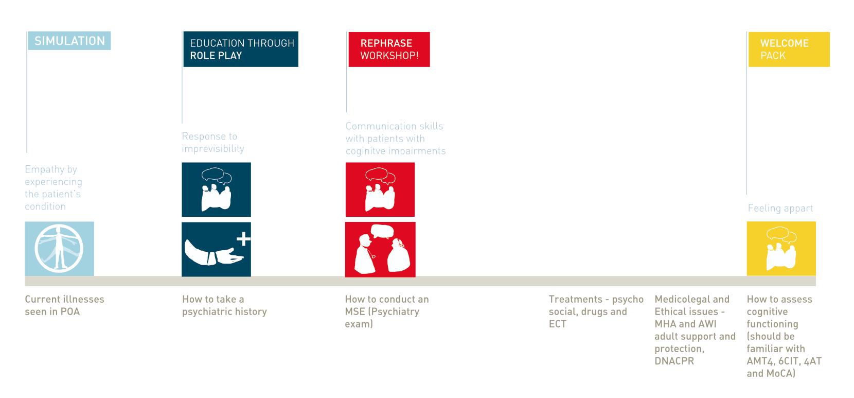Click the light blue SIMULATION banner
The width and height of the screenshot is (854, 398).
pyautogui.click(x=69, y=41)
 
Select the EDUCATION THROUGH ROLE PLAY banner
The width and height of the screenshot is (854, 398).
pyautogui.click(x=241, y=49)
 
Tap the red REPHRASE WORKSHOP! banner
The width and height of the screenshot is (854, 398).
pyautogui.click(x=389, y=49)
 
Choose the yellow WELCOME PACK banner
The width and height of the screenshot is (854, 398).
pyautogui.click(x=789, y=49)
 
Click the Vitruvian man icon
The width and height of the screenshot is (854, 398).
pyautogui.click(x=60, y=249)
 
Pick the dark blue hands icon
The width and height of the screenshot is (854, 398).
pyautogui.click(x=216, y=250)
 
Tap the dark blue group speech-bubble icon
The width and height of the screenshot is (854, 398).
pyautogui.click(x=216, y=189)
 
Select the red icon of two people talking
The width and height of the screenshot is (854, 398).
pyautogui.click(x=380, y=250)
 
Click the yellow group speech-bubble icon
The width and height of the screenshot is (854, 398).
pyautogui.click(x=781, y=248)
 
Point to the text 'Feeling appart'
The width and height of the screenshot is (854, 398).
pyautogui.click(x=780, y=209)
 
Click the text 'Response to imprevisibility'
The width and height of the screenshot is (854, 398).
pyautogui.click(x=213, y=142)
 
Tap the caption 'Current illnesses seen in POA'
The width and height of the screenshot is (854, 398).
pyautogui.click(x=64, y=305)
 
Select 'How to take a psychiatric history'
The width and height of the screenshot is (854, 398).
pyautogui.click(x=224, y=305)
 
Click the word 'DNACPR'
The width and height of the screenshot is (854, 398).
pyautogui.click(x=674, y=361)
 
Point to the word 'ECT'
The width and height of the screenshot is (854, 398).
pyautogui.click(x=558, y=324)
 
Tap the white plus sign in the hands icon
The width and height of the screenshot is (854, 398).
pyautogui.click(x=244, y=239)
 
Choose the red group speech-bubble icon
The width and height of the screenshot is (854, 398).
pyautogui.click(x=380, y=189)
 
